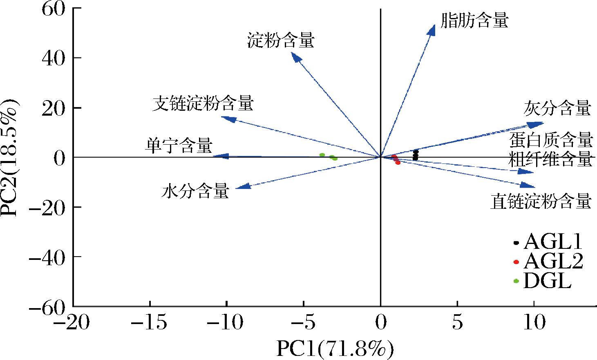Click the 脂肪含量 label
point(475,20)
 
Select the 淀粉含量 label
point(281,40)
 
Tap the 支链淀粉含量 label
point(203,104)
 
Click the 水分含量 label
point(195,191)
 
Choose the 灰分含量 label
point(557,108)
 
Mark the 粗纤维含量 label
point(550,159)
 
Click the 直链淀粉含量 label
point(541,201)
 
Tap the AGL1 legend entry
point(548,242)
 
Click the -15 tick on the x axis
point(150,324)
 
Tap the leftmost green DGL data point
point(322,155)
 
